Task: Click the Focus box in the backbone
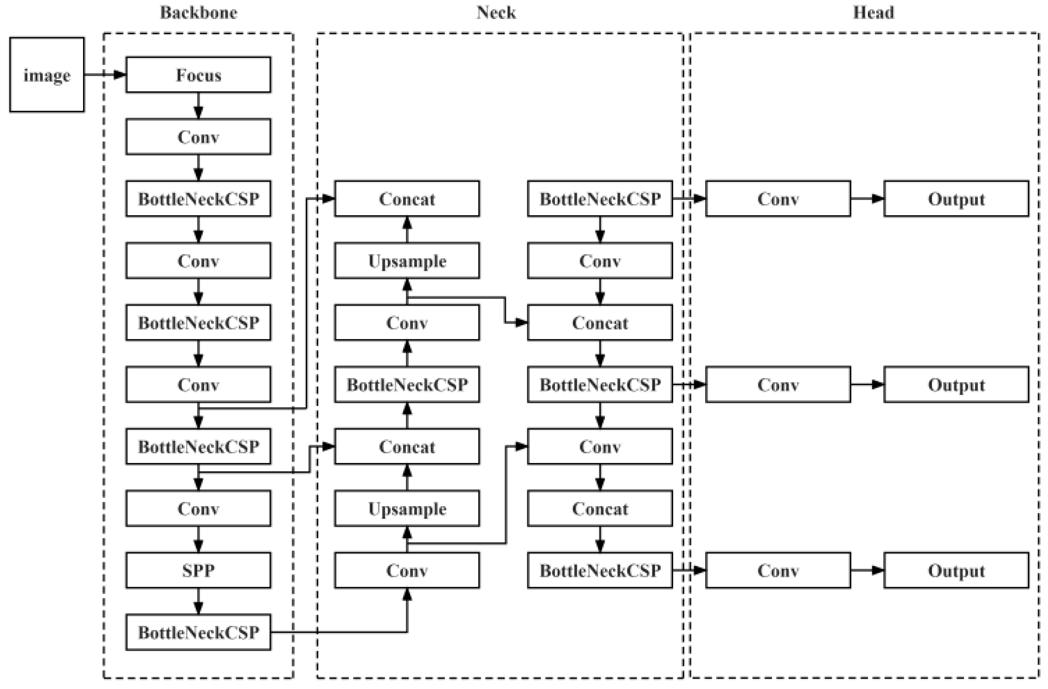click(198, 75)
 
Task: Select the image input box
click(47, 75)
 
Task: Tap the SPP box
click(198, 570)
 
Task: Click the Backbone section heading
click(198, 12)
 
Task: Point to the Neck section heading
click(496, 12)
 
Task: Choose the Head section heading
click(873, 12)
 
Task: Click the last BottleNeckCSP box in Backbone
click(198, 632)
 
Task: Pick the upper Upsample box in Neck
click(407, 261)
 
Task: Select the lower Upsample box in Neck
click(407, 509)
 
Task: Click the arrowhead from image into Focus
click(120, 75)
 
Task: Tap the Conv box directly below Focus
click(198, 137)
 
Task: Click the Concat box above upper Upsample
click(407, 199)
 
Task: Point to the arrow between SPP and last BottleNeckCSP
click(198, 601)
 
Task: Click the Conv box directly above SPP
click(198, 509)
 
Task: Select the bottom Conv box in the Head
click(778, 570)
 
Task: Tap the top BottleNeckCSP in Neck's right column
click(600, 199)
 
